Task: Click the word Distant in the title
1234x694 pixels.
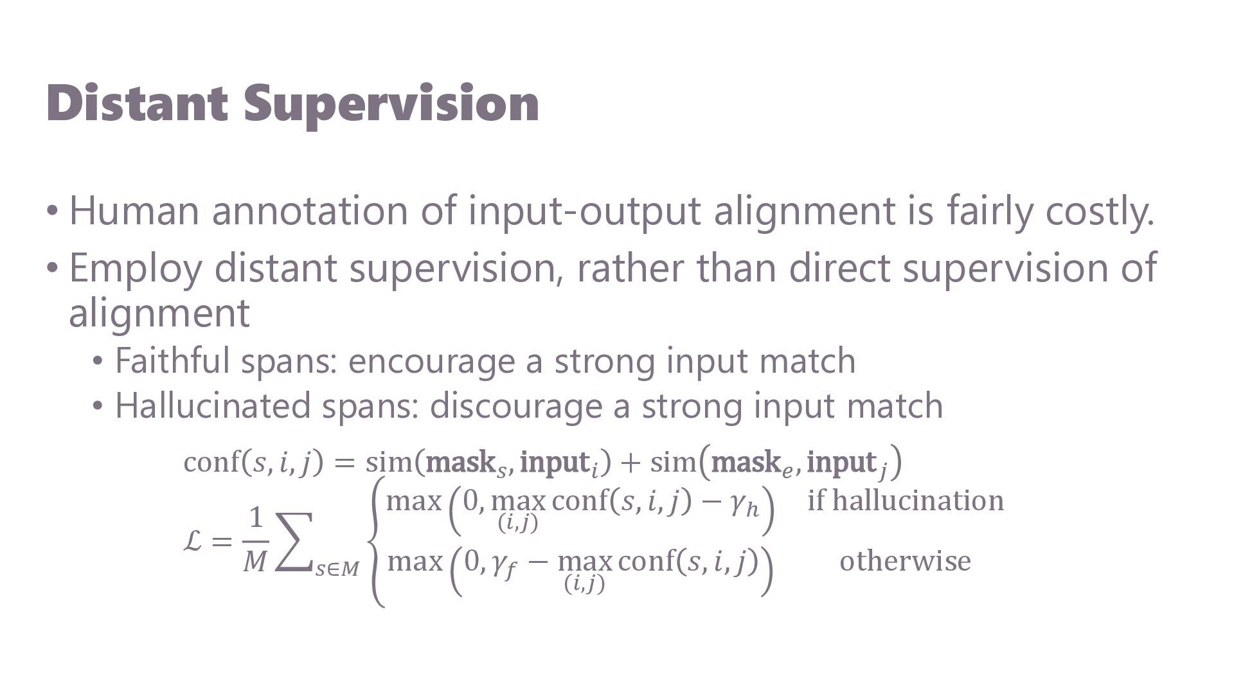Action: tap(137, 103)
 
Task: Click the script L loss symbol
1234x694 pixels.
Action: tap(193, 541)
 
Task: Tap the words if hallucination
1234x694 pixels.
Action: tap(906, 501)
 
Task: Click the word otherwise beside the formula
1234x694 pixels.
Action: tap(905, 561)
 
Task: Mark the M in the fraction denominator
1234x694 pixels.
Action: tap(255, 562)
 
